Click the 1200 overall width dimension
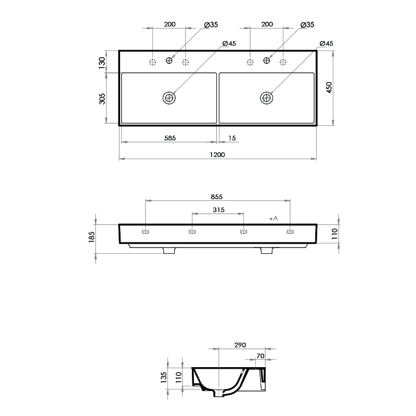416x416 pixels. pyautogui.click(x=217, y=154)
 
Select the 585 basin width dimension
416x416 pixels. pyautogui.click(x=170, y=138)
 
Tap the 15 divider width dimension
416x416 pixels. pyautogui.click(x=232, y=138)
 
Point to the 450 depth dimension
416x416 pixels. pyautogui.click(x=329, y=87)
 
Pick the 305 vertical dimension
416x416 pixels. pyautogui.click(x=102, y=98)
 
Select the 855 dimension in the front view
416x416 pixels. pyautogui.click(x=217, y=197)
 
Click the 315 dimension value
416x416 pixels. pyautogui.click(x=218, y=210)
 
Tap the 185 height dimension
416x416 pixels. pyautogui.click(x=92, y=237)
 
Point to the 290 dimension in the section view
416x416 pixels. pyautogui.click(x=240, y=345)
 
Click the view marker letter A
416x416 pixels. pyautogui.click(x=276, y=218)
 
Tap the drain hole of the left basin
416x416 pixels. pyautogui.click(x=169, y=97)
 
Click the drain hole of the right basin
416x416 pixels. pyautogui.click(x=267, y=97)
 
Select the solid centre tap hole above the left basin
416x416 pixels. pyautogui.click(x=169, y=61)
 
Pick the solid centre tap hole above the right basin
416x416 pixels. pyautogui.click(x=267, y=61)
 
